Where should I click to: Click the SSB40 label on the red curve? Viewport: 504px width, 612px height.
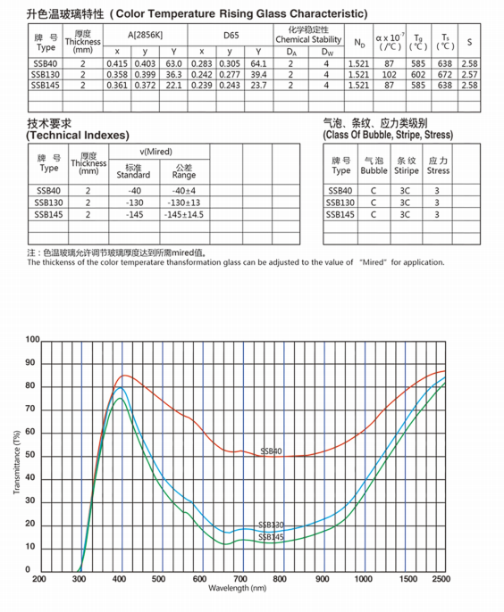point(271,451)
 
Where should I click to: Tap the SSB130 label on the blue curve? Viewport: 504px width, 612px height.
point(271,525)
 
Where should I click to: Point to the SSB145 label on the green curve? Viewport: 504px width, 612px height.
point(271,536)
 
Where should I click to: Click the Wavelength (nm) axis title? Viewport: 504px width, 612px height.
point(238,589)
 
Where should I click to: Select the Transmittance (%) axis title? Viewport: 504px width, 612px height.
point(17,462)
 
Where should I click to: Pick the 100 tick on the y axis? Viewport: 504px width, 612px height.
point(33,340)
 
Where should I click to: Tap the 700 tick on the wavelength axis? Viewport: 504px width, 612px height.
point(242,579)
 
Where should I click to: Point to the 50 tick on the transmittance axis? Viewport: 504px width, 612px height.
point(33,456)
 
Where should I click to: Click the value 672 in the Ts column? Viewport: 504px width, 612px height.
point(444,75)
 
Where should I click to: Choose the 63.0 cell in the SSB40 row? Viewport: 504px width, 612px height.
point(173,64)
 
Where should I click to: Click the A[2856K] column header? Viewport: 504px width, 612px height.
point(145,37)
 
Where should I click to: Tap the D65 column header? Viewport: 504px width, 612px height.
point(231,37)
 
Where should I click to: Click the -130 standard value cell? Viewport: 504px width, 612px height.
point(134,203)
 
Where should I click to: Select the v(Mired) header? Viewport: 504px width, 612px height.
point(158,153)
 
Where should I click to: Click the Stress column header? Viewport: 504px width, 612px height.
point(438,165)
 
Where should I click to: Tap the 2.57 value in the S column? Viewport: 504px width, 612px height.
point(471,75)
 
